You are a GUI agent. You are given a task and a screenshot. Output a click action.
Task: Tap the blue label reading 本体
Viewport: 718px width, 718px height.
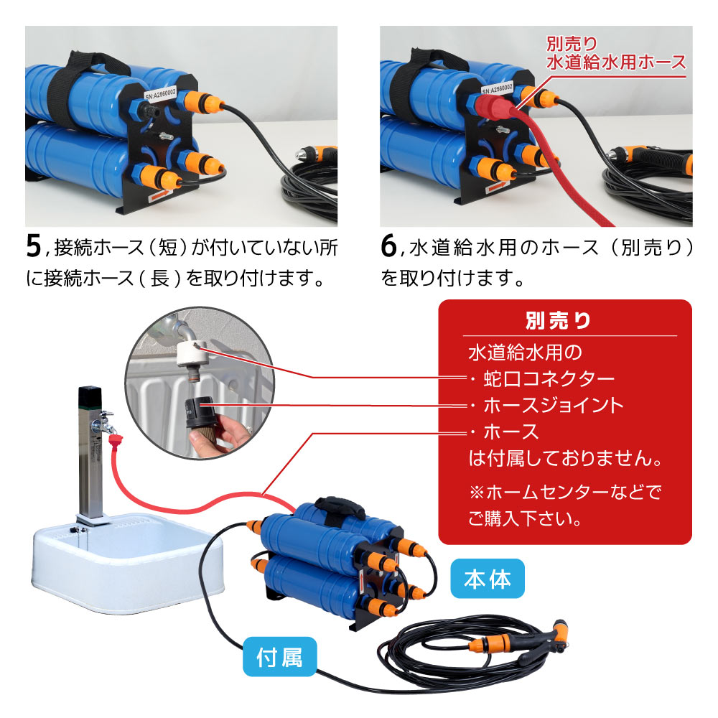488,578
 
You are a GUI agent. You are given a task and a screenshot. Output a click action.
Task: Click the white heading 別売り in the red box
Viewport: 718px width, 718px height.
558,321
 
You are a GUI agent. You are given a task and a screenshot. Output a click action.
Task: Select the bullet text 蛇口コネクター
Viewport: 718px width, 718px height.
548,379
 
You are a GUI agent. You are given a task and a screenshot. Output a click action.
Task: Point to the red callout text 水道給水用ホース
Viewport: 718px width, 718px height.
616,62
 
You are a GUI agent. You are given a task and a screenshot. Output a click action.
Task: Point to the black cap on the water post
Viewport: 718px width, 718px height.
89,395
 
